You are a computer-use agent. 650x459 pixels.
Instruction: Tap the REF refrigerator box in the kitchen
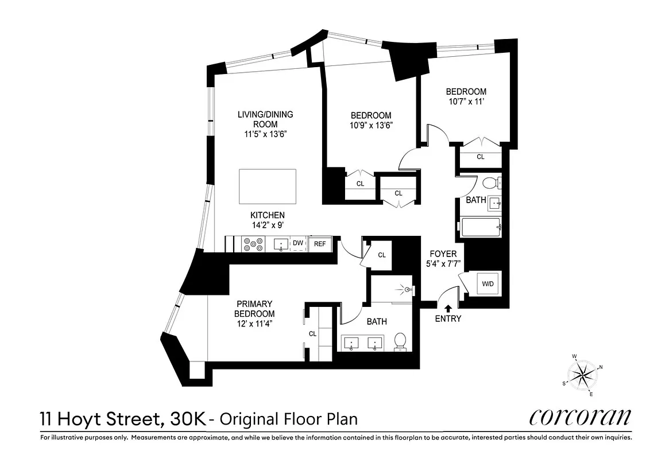tap(320, 244)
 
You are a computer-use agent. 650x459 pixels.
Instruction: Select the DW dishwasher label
tap(298, 243)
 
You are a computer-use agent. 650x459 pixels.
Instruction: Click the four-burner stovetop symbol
tap(252, 244)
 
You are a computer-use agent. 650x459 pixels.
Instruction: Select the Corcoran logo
tap(580, 417)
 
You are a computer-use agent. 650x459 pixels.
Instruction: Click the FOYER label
tap(443, 254)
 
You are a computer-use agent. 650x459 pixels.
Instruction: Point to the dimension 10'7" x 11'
tap(466, 102)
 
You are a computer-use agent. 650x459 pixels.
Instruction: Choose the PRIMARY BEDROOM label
tap(254, 309)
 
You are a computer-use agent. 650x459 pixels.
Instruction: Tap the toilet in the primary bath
tap(400, 342)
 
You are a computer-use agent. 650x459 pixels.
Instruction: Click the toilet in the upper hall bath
tap(490, 184)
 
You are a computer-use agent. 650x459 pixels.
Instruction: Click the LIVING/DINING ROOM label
tap(265, 119)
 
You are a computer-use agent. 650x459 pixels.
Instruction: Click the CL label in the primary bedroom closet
tap(313, 333)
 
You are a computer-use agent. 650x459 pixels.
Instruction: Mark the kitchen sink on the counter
tap(281, 244)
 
